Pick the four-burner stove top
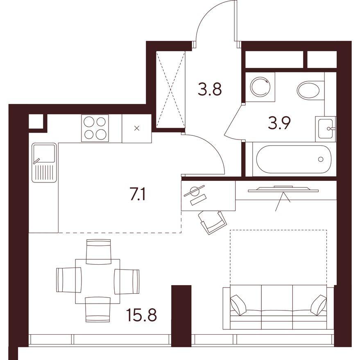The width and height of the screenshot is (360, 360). (95, 128)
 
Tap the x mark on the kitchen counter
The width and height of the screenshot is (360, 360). (137, 128)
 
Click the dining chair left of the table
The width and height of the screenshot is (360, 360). (69, 280)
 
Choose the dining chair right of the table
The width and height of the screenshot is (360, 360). (127, 281)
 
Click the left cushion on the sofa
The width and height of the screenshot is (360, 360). (238, 304)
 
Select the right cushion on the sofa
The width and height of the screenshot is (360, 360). (318, 305)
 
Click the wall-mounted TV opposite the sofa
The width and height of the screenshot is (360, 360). (283, 188)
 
